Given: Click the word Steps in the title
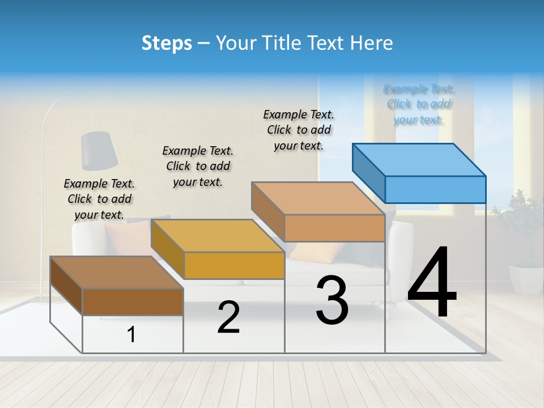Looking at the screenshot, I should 167,43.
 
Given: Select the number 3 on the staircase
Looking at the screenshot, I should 332,300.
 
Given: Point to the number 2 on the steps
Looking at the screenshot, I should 228,317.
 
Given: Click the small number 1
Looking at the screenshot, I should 131,335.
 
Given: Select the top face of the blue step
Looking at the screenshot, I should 419,159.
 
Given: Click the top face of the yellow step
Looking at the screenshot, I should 218,235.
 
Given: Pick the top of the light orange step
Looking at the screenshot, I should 318,198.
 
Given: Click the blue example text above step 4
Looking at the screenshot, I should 419,104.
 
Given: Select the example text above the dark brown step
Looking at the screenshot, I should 99,199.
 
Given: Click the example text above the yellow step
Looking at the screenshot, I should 198,166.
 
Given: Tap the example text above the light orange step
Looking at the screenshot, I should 299,130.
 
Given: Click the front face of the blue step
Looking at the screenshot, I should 435,189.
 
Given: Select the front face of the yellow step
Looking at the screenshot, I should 234,265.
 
